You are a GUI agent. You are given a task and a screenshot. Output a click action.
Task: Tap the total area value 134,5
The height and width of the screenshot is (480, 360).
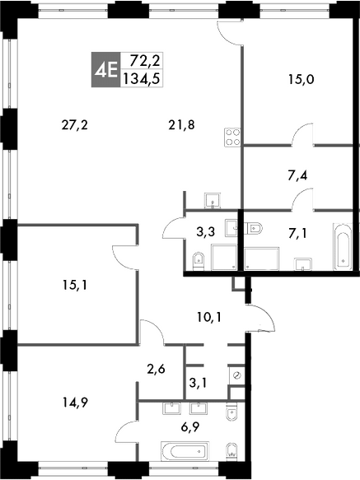pyautogui.click(x=142, y=79)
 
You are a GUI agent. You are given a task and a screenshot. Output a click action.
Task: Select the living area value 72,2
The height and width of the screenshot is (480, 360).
pyautogui.click(x=145, y=61)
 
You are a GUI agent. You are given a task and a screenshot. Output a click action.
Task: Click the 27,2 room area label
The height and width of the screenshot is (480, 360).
pyautogui.click(x=75, y=125)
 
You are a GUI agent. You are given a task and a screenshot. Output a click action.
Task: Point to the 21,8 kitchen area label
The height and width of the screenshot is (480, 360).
pyautogui.click(x=182, y=125)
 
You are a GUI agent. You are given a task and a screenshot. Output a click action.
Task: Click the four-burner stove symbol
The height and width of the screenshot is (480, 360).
pyautogui.click(x=232, y=137)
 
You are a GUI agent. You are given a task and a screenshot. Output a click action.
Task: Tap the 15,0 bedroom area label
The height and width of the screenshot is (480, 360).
pyautogui.click(x=302, y=80)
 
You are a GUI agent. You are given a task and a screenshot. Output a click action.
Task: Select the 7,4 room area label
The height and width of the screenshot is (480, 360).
pyautogui.click(x=297, y=175)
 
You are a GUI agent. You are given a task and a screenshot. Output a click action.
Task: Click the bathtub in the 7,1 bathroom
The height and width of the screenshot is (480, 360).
pyautogui.click(x=342, y=247)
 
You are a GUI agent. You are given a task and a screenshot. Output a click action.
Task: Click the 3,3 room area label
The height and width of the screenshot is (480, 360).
pyautogui.click(x=206, y=232)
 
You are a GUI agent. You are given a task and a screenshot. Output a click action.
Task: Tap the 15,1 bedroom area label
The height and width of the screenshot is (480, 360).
pyautogui.click(x=75, y=286)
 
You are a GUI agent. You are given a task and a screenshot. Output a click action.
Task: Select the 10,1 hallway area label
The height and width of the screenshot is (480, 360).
pyautogui.click(x=209, y=318)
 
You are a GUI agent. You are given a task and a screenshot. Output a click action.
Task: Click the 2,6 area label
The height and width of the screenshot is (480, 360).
pyautogui.click(x=156, y=369)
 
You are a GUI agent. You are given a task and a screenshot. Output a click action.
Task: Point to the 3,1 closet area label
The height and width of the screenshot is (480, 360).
pyautogui.click(x=198, y=383)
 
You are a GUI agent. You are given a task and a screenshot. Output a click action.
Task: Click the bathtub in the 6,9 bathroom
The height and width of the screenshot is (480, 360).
pyautogui.click(x=185, y=451)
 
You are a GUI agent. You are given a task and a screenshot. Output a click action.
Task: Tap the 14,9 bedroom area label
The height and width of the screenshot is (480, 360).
pyautogui.click(x=75, y=403)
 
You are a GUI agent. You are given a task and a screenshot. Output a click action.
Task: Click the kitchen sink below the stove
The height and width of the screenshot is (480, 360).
pyautogui.click(x=213, y=201)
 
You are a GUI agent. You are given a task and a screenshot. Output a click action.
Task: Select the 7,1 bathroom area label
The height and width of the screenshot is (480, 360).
pyautogui.click(x=297, y=234)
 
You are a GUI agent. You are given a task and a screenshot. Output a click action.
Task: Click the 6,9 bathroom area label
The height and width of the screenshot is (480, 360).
pyautogui.click(x=190, y=426)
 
